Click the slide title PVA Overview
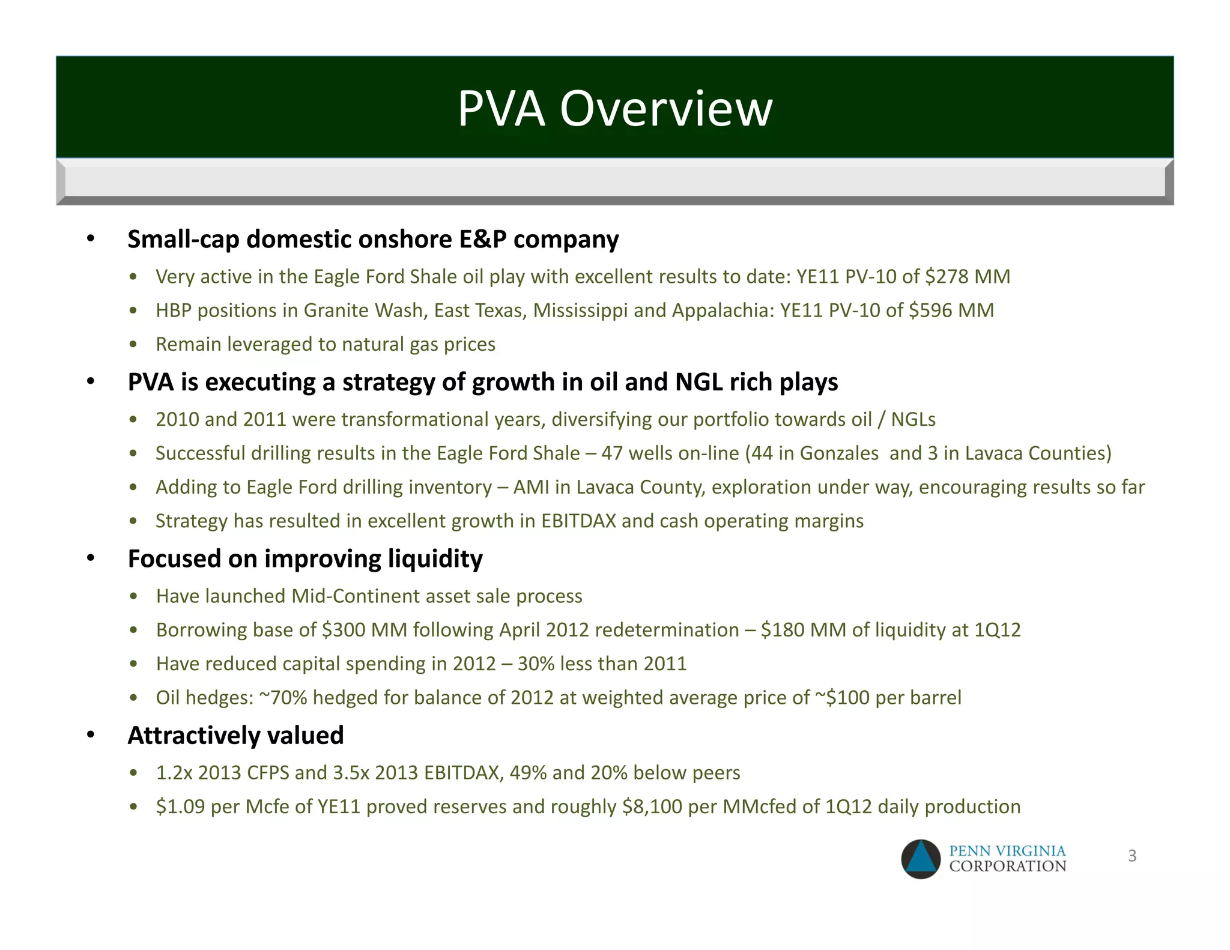pyautogui.click(x=615, y=109)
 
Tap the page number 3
pyautogui.click(x=1132, y=856)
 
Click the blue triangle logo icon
pyautogui.click(x=921, y=859)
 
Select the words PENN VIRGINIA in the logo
pyautogui.click(x=1007, y=851)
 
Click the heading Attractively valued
pyautogui.click(x=235, y=736)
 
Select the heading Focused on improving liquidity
pyautogui.click(x=305, y=559)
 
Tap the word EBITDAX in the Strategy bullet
pyautogui.click(x=578, y=521)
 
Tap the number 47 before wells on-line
pyautogui.click(x=612, y=453)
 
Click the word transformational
pyautogui.click(x=415, y=419)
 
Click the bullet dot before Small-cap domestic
pyautogui.click(x=91, y=240)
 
